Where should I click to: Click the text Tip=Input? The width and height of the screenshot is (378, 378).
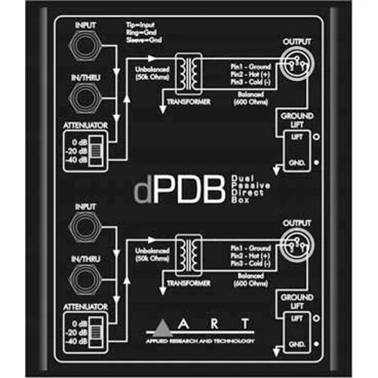point(139,26)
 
